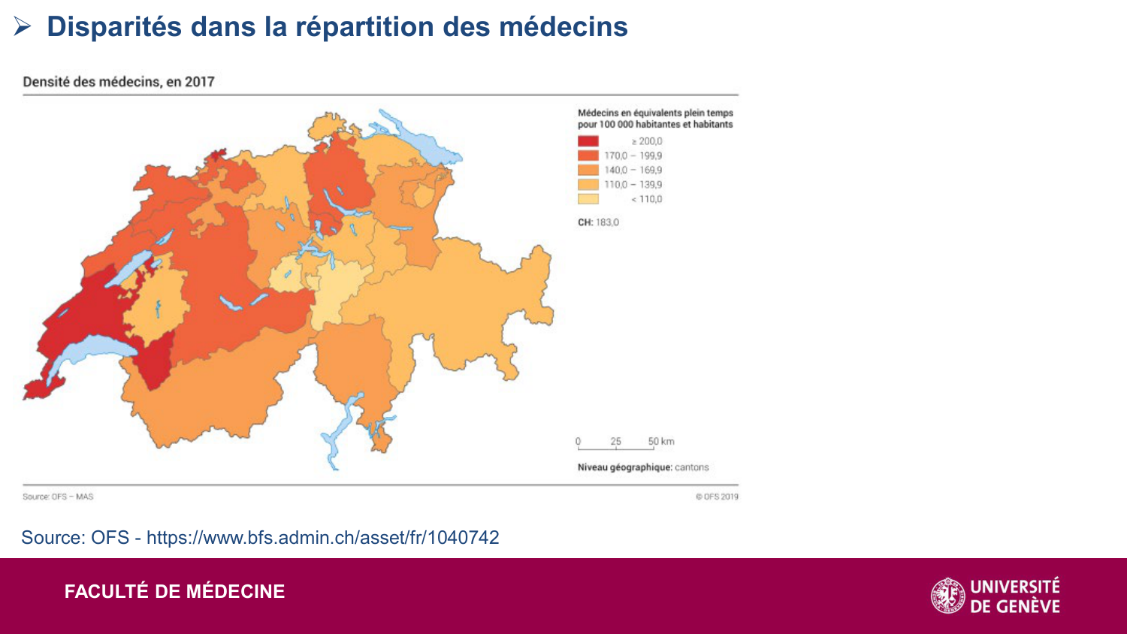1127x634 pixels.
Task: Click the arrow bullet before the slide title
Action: pyautogui.click(x=22, y=27)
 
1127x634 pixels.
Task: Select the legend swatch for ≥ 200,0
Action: pyautogui.click(x=588, y=141)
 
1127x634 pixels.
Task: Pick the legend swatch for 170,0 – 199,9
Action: pyautogui.click(x=588, y=155)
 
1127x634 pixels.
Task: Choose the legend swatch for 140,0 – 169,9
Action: pyautogui.click(x=588, y=170)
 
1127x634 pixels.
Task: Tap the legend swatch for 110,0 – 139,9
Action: pyautogui.click(x=588, y=185)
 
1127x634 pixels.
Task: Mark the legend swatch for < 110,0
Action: pyautogui.click(x=588, y=199)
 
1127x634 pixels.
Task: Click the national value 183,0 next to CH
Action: pyautogui.click(x=608, y=222)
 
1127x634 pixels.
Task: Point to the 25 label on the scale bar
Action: pyautogui.click(x=615, y=441)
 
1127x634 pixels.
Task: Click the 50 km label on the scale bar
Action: pyautogui.click(x=661, y=441)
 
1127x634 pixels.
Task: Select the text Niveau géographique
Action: pyautogui.click(x=624, y=467)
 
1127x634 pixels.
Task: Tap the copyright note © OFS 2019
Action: pyautogui.click(x=717, y=497)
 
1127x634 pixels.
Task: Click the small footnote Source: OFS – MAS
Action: pyautogui.click(x=58, y=497)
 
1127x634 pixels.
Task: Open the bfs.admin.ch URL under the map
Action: pyautogui.click(x=322, y=538)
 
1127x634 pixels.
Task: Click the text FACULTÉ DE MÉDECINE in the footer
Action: pyautogui.click(x=174, y=592)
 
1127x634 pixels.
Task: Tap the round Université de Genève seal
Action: pyautogui.click(x=948, y=596)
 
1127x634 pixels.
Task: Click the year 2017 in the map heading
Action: pyautogui.click(x=200, y=82)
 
